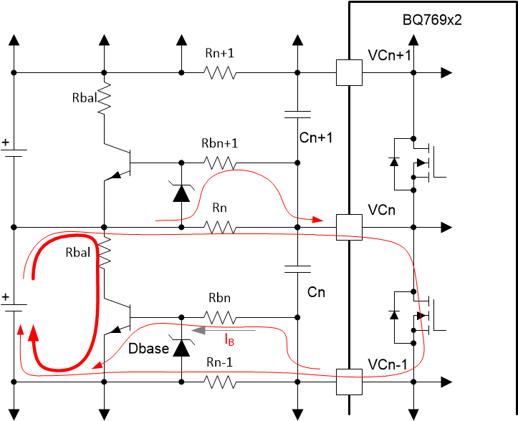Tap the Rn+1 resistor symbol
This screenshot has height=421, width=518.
(x=219, y=72)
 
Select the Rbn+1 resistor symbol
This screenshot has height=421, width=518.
(x=219, y=164)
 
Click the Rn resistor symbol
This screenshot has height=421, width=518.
(x=219, y=227)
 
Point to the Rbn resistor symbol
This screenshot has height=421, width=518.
(x=219, y=316)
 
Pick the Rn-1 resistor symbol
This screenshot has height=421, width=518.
(x=219, y=382)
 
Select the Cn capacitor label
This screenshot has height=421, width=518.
(x=317, y=293)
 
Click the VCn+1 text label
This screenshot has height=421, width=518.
(x=389, y=56)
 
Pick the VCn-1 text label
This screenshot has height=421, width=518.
(x=389, y=365)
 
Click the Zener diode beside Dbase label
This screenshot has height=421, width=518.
(x=181, y=347)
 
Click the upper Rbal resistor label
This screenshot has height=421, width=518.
(x=85, y=98)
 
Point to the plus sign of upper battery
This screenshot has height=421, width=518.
(x=6, y=142)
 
